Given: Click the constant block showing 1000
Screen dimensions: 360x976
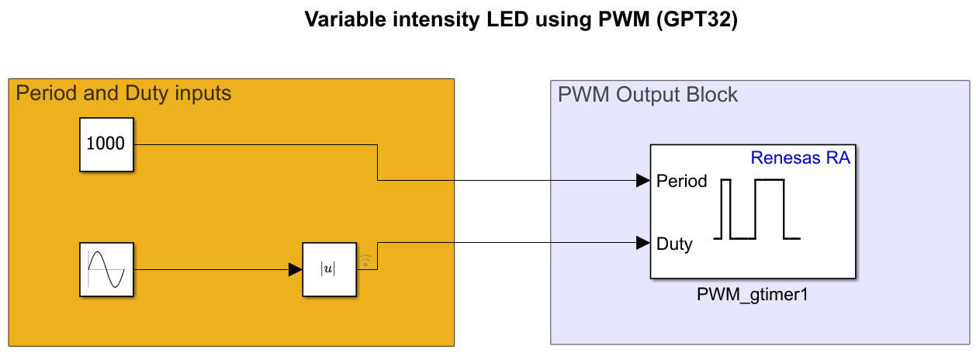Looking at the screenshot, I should pyautogui.click(x=107, y=144).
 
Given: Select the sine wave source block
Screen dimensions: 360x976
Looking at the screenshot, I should pyautogui.click(x=107, y=269).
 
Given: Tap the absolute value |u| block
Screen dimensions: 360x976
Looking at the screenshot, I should pyautogui.click(x=330, y=269).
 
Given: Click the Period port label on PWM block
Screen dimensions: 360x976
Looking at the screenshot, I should pyautogui.click(x=682, y=182).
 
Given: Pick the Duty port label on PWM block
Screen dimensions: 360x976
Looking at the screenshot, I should pyautogui.click(x=674, y=244).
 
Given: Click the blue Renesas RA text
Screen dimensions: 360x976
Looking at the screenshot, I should pyautogui.click(x=800, y=159).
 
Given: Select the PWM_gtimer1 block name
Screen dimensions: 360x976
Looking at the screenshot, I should pyautogui.click(x=753, y=296).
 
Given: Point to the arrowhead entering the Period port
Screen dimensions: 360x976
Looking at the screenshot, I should pyautogui.click(x=642, y=181).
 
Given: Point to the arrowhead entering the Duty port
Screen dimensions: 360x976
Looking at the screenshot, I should pyautogui.click(x=642, y=243).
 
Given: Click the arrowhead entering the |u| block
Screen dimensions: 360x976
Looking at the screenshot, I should pyautogui.click(x=295, y=269).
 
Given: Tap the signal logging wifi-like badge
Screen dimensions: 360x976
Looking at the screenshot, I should pyautogui.click(x=366, y=260).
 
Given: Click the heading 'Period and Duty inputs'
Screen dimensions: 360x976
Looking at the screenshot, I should pyautogui.click(x=123, y=94).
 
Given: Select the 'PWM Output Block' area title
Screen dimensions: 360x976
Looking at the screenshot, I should pyautogui.click(x=648, y=95).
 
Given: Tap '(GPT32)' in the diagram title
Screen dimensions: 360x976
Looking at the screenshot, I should pyautogui.click(x=696, y=20).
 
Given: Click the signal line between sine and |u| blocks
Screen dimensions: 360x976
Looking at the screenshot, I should pyautogui.click(x=209, y=269).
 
